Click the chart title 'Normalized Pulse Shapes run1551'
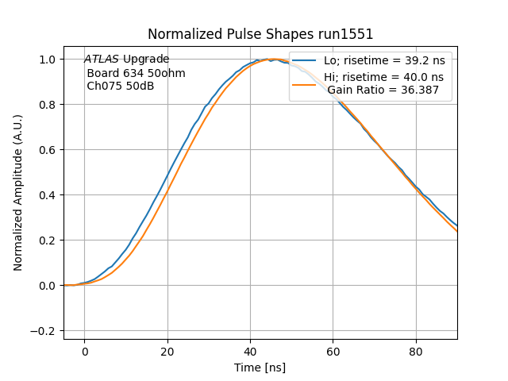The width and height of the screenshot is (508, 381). point(260,34)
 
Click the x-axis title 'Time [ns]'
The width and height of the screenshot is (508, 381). point(260,368)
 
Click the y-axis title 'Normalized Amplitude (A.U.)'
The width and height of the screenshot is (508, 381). point(18,193)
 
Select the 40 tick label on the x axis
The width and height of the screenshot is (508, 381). point(250,352)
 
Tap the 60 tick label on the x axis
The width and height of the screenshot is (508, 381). point(333,352)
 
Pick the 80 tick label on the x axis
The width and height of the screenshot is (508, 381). point(416,352)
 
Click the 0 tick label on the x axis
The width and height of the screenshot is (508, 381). point(84,352)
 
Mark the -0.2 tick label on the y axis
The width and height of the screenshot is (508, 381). point(47,331)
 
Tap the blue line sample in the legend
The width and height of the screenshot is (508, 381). point(305,60)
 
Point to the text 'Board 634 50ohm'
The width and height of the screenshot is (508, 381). point(136,73)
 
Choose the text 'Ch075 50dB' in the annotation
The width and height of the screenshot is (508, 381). point(121,86)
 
